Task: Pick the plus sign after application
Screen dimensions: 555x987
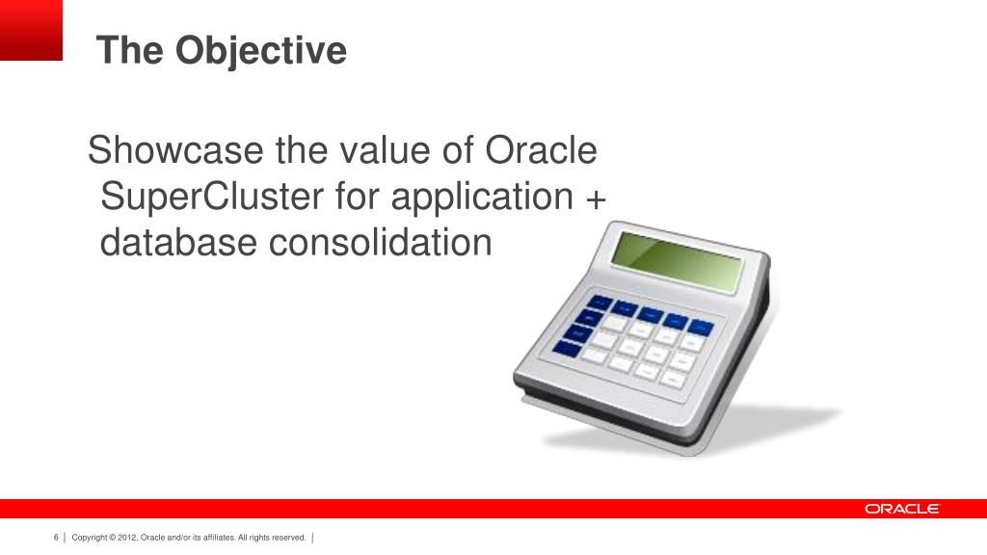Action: pyautogui.click(x=596, y=198)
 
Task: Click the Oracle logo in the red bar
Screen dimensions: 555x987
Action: pyautogui.click(x=901, y=509)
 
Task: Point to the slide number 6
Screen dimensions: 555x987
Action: pyautogui.click(x=57, y=537)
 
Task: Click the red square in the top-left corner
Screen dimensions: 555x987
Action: pyautogui.click(x=31, y=30)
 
